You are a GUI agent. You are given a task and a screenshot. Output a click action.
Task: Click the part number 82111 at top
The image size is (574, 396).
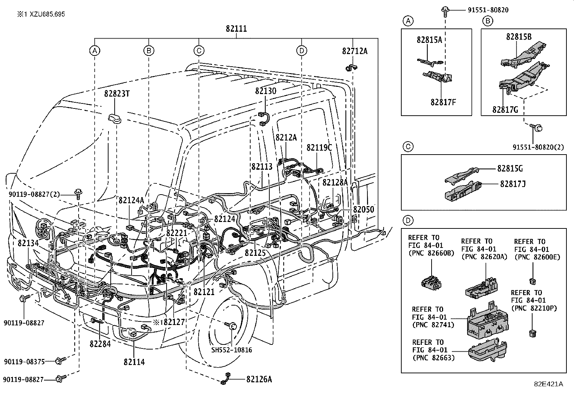click(237, 29)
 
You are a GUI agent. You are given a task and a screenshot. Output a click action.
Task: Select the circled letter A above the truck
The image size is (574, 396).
click(95, 51)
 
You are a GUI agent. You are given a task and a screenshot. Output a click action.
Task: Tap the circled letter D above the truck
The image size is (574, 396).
click(301, 51)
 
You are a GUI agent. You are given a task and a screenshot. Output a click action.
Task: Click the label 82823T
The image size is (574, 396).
click(117, 94)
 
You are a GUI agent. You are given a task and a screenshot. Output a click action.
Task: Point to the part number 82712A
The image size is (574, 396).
click(355, 51)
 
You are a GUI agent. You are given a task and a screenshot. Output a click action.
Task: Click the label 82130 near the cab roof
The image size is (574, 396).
click(266, 91)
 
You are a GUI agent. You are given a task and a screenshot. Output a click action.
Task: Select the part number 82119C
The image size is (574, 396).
click(319, 148)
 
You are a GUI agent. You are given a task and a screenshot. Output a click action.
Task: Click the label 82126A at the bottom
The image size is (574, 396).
click(259, 379)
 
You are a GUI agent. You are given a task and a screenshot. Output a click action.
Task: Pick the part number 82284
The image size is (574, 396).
click(100, 344)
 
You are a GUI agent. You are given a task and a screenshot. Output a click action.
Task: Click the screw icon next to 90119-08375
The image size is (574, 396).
click(61, 360)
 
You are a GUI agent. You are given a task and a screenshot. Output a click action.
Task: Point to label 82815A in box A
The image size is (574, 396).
click(429, 40)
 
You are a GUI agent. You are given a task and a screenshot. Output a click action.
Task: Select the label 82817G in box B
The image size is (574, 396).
click(505, 110)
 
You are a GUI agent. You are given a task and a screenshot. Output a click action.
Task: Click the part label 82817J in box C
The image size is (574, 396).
click(512, 184)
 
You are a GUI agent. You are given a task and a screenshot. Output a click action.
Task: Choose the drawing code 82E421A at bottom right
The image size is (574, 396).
click(548, 384)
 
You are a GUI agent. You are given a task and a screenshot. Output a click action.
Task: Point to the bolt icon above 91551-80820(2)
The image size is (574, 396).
click(536, 127)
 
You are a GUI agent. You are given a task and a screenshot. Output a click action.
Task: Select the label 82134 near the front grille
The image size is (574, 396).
click(28, 244)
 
